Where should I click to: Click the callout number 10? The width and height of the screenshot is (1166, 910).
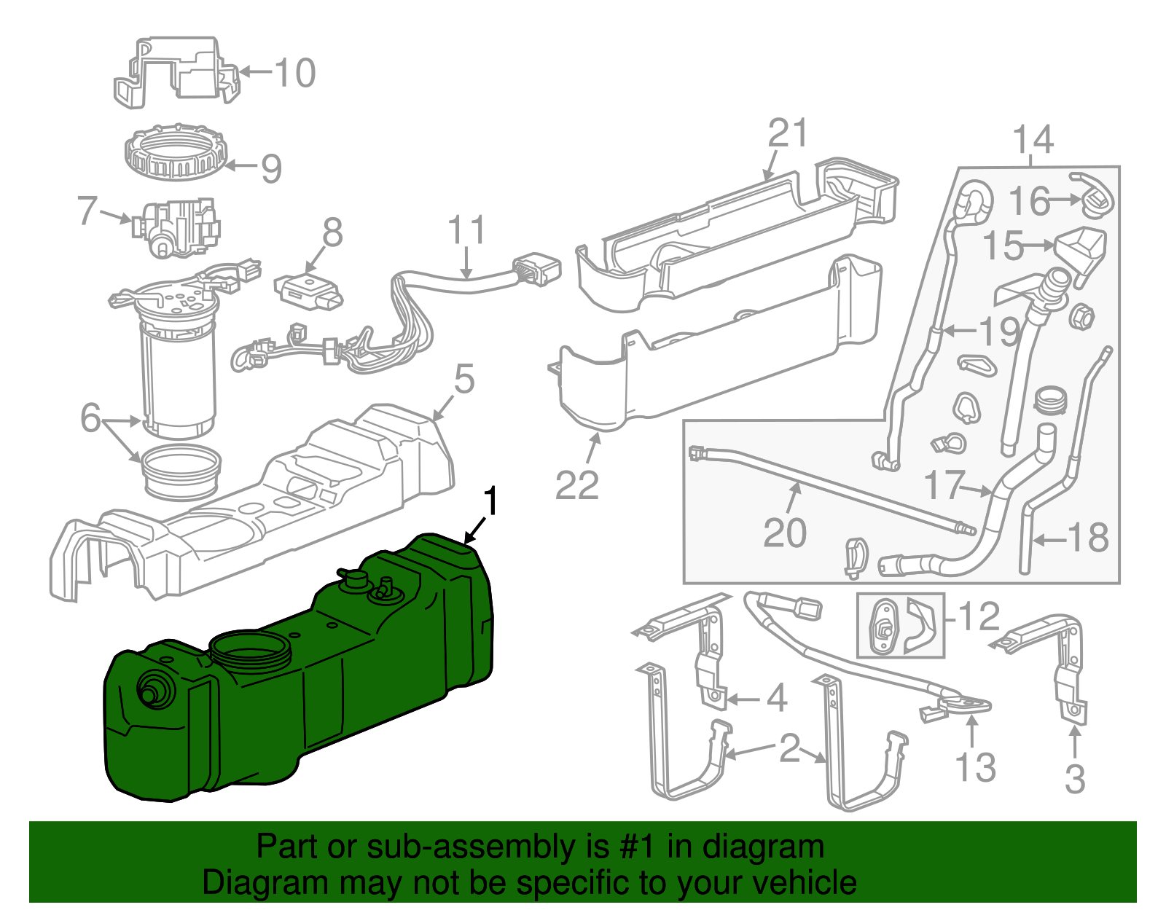click(295, 72)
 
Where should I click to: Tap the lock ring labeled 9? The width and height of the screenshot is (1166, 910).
click(176, 153)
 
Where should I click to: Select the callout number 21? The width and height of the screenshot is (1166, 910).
click(789, 133)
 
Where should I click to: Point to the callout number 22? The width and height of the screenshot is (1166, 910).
click(576, 485)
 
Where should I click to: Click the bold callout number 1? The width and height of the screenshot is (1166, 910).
click(493, 503)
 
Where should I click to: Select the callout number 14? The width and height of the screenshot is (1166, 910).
click(1033, 138)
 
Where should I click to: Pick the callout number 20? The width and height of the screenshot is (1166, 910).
click(785, 533)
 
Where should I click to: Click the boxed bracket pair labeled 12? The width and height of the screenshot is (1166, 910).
click(899, 624)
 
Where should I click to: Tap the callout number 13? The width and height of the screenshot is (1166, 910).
click(975, 768)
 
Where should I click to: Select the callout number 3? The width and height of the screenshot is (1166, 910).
click(1075, 778)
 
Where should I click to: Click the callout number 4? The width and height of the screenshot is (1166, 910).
click(778, 698)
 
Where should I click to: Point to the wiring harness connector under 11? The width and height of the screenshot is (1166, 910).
click(538, 270)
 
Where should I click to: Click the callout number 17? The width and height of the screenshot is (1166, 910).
click(944, 485)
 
